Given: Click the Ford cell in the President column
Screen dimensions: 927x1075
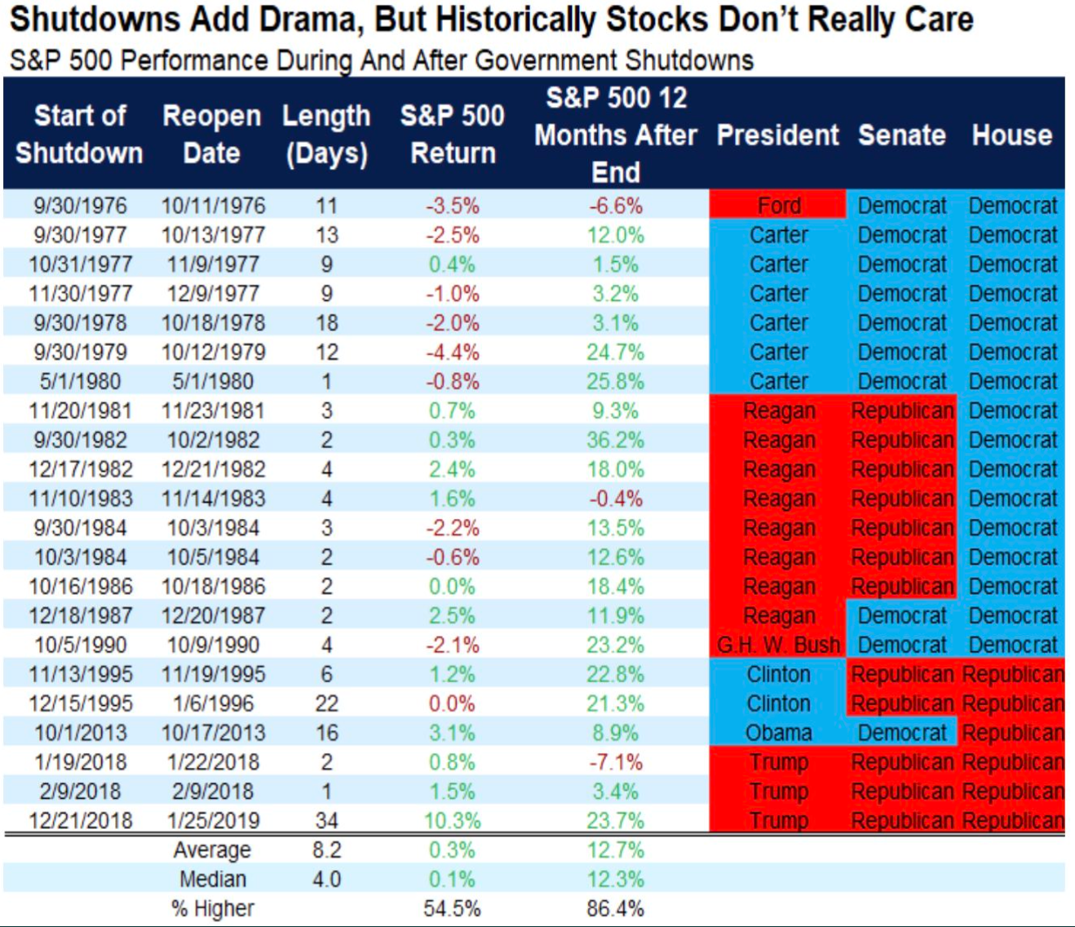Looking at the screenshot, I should pyautogui.click(x=779, y=206).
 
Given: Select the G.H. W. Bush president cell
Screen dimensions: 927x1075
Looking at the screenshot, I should pyautogui.click(x=779, y=645).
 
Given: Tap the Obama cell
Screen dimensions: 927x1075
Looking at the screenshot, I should pyautogui.click(x=779, y=733).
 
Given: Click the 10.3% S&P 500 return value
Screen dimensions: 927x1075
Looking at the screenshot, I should pyautogui.click(x=453, y=821).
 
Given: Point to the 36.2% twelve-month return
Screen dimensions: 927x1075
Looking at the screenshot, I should pyautogui.click(x=616, y=440).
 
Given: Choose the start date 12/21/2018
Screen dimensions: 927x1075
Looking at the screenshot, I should pyautogui.click(x=80, y=821).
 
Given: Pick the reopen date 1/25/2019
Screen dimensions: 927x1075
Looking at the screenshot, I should pyautogui.click(x=213, y=821).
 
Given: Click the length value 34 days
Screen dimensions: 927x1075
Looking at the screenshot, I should pyautogui.click(x=326, y=821).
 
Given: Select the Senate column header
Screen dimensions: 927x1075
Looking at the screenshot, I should pyautogui.click(x=902, y=135).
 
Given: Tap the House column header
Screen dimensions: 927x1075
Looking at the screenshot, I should pyautogui.click(x=1012, y=135).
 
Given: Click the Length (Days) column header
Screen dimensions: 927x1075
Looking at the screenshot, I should pyautogui.click(x=326, y=135).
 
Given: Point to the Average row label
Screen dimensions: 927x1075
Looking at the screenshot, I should pyautogui.click(x=212, y=850).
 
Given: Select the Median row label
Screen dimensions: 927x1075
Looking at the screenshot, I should pyautogui.click(x=213, y=880).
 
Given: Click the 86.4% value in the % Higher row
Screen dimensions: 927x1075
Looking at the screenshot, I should pyautogui.click(x=616, y=908).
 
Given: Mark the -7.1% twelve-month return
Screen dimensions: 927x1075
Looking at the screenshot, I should pyautogui.click(x=616, y=762).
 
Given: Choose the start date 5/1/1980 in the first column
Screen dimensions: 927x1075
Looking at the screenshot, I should pyautogui.click(x=80, y=381).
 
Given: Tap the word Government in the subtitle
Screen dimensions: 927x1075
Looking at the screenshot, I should pyautogui.click(x=546, y=60).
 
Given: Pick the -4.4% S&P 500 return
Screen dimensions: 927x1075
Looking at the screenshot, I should pyautogui.click(x=453, y=353).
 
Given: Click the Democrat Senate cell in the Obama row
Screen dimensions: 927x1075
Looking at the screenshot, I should pyautogui.click(x=902, y=733).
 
